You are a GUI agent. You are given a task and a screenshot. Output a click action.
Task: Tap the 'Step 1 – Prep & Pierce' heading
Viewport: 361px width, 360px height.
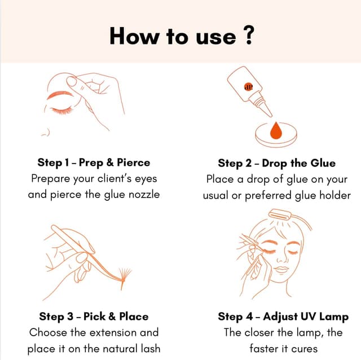tap(94, 163)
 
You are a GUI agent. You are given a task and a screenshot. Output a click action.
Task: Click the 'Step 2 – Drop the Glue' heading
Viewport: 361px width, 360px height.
tap(276, 163)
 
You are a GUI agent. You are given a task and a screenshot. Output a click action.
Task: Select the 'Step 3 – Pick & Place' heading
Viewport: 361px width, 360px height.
tap(94, 316)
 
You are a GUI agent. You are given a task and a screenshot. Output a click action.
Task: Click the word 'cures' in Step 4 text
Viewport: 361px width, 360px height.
tap(305, 348)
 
